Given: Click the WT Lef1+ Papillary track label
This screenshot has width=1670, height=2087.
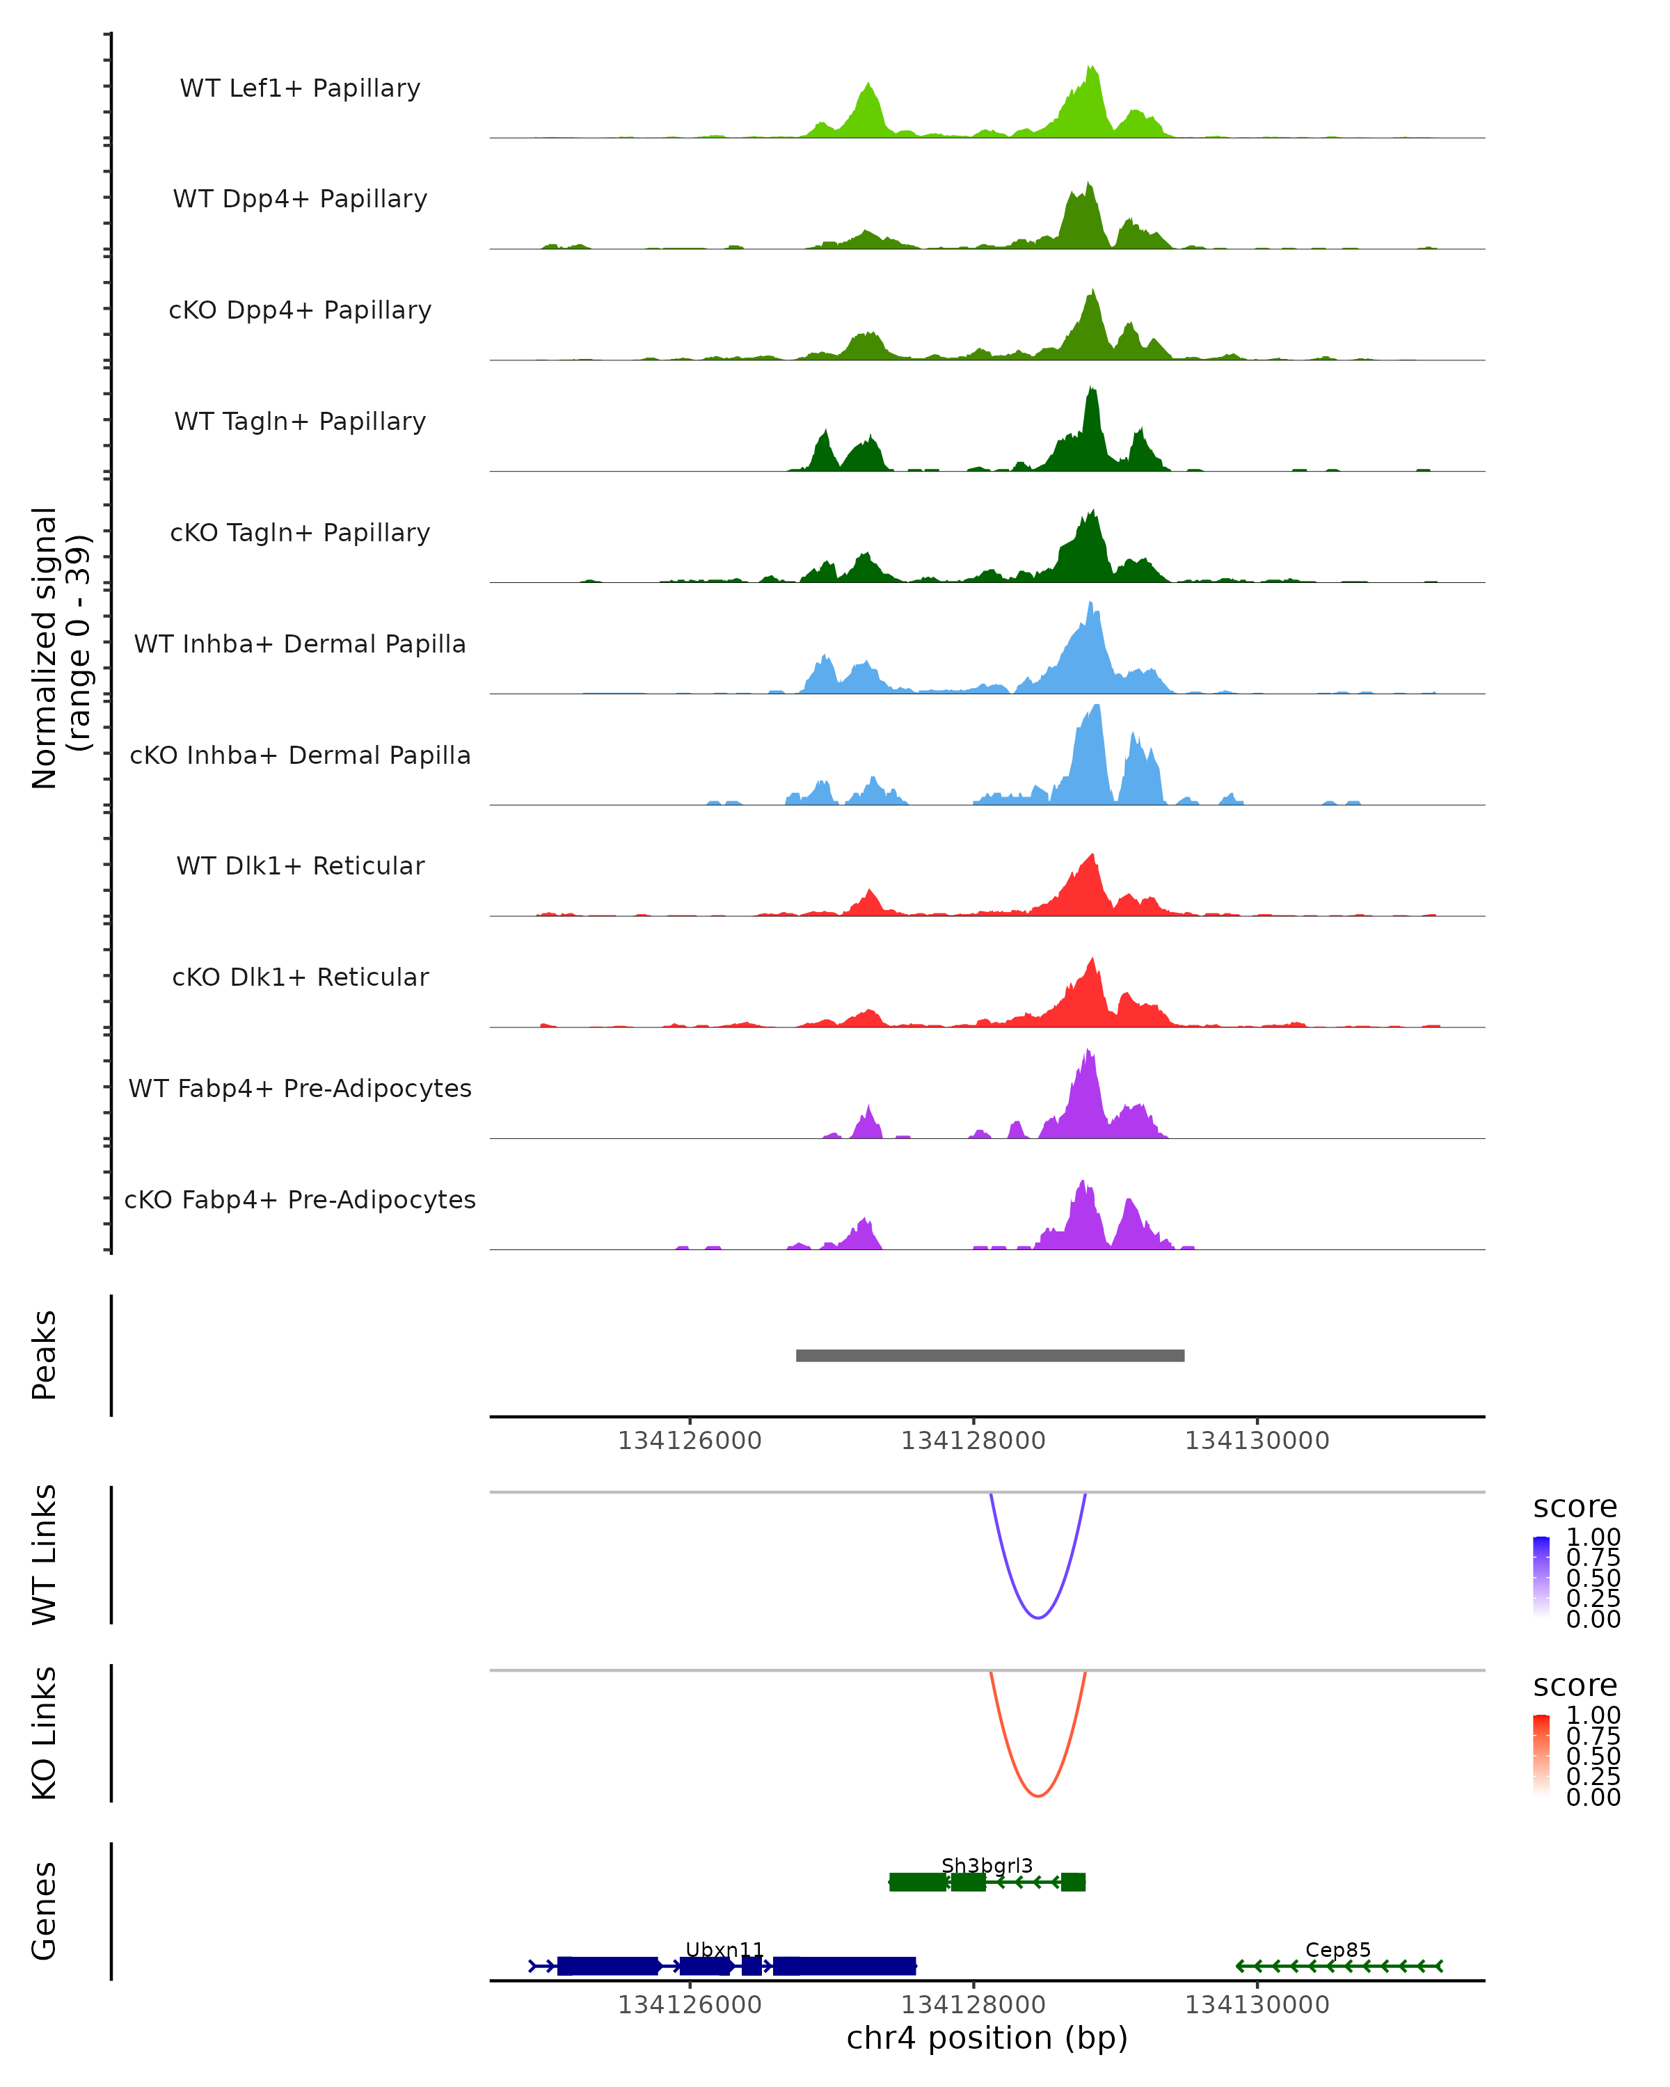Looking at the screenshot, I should [300, 88].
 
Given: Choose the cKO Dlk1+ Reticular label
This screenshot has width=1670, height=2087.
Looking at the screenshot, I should [300, 977].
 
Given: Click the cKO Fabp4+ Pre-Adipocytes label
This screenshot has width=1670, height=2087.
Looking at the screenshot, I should [300, 1199].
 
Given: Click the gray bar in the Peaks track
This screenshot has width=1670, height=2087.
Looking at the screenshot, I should [989, 1355].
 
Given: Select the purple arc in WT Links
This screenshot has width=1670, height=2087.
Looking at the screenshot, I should [1037, 1617].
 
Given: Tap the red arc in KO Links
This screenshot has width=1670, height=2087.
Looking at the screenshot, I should [1037, 1795].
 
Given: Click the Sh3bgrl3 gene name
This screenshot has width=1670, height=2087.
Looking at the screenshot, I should [987, 1865].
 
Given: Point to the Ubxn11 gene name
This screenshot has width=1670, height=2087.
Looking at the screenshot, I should [724, 1949].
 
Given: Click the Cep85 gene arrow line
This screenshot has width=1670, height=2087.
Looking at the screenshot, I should [1339, 1966].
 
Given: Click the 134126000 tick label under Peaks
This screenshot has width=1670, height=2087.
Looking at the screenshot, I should [690, 1441].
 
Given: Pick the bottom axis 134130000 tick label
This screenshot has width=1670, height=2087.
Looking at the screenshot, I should [1257, 2005].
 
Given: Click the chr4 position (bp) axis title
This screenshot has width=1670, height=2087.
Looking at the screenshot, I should [987, 2038].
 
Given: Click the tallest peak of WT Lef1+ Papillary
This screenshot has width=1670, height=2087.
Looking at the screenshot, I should [1091, 70].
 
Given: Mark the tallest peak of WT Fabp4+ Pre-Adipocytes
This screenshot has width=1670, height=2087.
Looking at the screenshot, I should [1089, 1053].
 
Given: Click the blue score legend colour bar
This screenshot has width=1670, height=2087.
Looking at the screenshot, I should [1541, 1576].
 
